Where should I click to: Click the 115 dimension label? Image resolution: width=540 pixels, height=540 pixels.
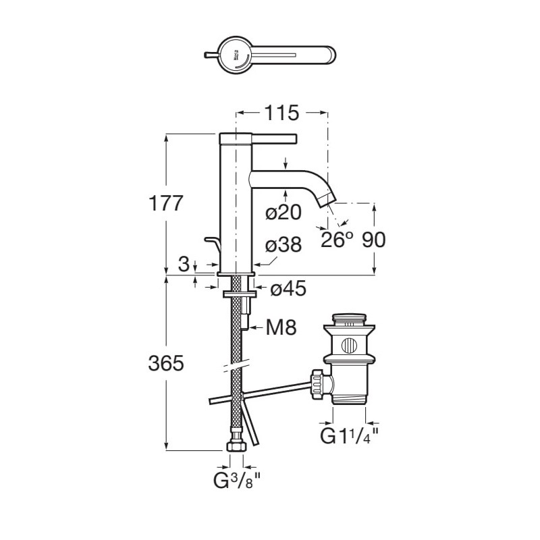click(x=281, y=113)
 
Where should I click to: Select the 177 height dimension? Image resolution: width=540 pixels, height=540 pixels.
click(x=165, y=203)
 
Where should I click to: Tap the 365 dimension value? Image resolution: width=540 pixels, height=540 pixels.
click(x=165, y=363)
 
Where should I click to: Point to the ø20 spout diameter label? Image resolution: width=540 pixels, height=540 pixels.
click(x=283, y=212)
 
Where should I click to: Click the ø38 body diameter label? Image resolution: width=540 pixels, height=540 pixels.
click(x=283, y=245)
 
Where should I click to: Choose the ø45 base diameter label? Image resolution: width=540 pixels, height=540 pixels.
click(x=288, y=288)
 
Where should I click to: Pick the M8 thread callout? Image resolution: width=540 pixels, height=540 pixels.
click(x=281, y=327)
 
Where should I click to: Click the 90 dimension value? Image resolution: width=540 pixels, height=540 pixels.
click(x=374, y=240)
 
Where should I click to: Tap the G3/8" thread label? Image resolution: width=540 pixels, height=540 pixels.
click(x=237, y=481)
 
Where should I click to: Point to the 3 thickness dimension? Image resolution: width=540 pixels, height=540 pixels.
click(x=184, y=265)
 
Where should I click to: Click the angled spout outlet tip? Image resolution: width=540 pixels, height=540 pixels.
click(x=327, y=200)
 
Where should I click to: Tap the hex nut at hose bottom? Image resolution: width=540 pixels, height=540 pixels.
click(x=236, y=447)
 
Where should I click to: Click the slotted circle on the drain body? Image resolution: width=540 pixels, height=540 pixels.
click(x=349, y=345)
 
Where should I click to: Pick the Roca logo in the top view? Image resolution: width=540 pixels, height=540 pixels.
click(x=236, y=56)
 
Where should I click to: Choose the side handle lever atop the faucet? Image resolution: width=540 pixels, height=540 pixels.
click(x=274, y=138)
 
